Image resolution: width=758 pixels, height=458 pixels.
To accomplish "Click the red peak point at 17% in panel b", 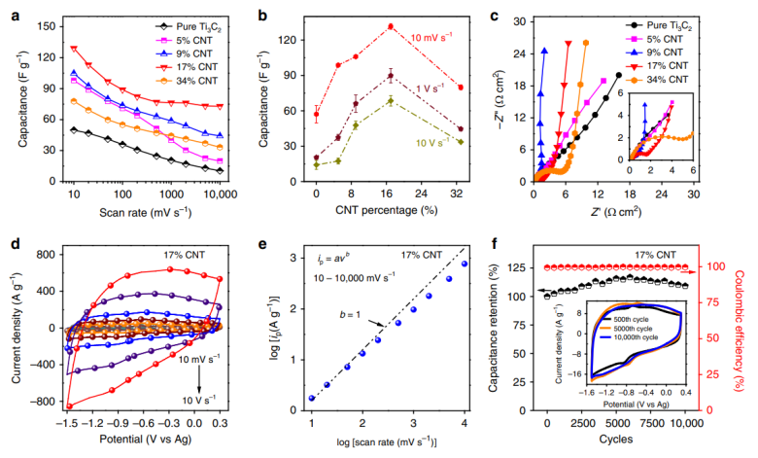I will pos(391,26).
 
